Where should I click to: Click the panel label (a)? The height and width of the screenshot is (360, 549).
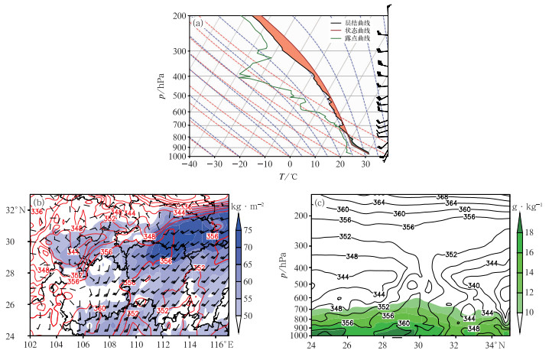(198, 23)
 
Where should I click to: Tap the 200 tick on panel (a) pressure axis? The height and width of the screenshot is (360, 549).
(180, 16)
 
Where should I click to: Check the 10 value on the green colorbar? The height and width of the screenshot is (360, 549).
(535, 313)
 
